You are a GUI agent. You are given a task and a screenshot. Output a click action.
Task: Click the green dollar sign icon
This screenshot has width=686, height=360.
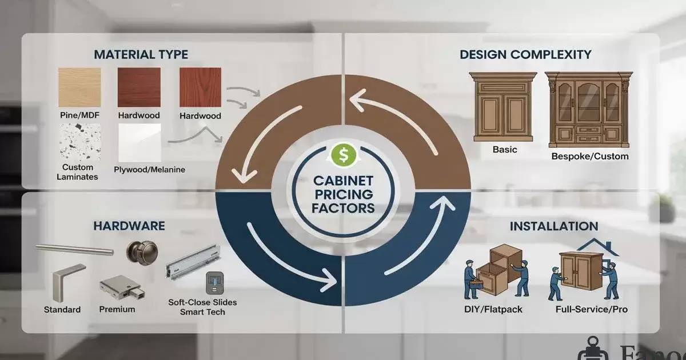[x=343, y=154]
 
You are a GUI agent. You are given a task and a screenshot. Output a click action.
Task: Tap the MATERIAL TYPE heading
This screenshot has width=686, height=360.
[x=141, y=55]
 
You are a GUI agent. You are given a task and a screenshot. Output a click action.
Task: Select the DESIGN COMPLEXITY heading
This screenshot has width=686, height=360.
[x=525, y=55]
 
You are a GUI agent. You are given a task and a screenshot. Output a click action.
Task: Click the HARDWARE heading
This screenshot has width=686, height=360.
[x=129, y=226]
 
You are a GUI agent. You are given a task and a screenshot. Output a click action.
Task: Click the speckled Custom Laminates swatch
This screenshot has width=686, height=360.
[x=79, y=142]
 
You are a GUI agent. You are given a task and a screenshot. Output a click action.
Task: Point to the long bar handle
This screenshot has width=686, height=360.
[x=74, y=249]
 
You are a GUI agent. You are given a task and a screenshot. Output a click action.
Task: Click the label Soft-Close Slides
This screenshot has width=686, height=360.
[x=202, y=302]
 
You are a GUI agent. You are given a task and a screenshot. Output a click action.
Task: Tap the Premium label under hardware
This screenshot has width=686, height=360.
[x=117, y=309]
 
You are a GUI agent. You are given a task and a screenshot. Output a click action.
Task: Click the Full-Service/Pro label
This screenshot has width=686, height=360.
[x=591, y=310]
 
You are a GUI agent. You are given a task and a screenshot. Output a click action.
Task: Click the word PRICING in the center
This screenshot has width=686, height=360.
[x=343, y=194]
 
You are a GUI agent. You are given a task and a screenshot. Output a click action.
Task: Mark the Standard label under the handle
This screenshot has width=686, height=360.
[x=62, y=310]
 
